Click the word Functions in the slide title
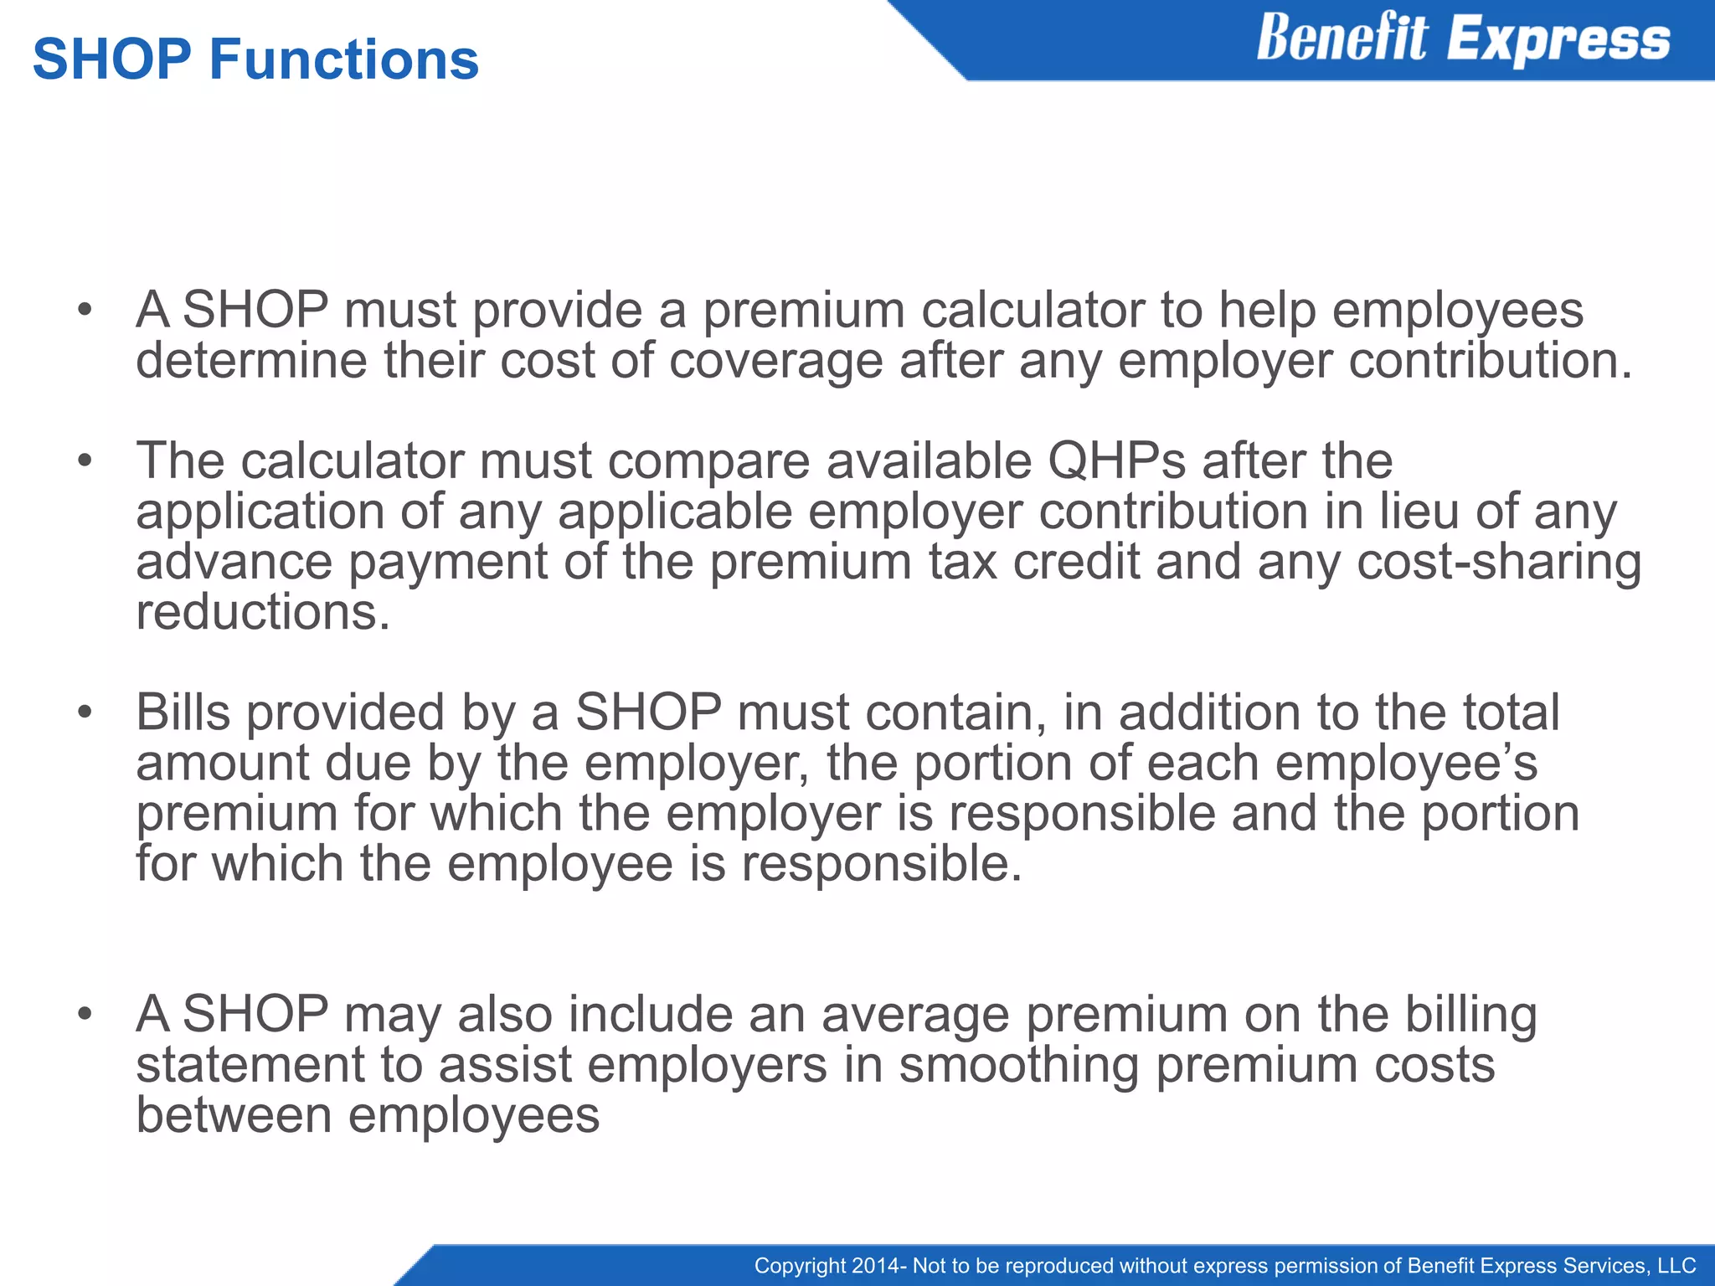point(343,60)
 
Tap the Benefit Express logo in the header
point(1463,39)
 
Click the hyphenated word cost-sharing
point(1499,562)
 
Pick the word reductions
point(263,612)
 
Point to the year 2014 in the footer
point(877,1266)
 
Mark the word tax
point(962,562)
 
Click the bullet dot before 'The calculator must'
point(84,461)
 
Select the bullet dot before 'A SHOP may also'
point(84,1014)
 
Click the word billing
point(1470,1016)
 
